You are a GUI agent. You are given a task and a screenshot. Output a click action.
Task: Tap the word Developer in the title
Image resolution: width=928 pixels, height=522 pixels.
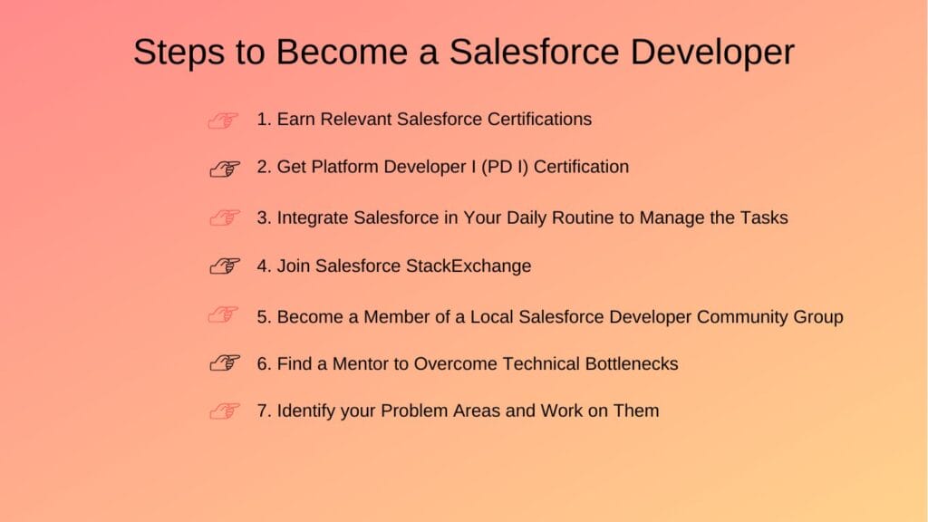coord(712,53)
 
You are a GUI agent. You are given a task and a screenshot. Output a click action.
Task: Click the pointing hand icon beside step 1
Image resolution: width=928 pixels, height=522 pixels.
coord(224,121)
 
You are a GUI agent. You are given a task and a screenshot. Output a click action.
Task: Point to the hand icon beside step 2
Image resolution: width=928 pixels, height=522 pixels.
coord(224,169)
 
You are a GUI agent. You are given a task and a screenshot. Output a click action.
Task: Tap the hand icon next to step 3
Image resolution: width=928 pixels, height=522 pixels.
coord(224,218)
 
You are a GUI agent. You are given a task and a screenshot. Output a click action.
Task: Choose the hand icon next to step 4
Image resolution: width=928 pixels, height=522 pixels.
coord(224,266)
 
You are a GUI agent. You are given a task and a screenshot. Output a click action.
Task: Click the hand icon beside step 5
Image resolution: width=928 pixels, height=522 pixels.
coord(224,315)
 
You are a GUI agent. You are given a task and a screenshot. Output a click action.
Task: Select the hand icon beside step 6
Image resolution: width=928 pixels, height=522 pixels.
coord(224,363)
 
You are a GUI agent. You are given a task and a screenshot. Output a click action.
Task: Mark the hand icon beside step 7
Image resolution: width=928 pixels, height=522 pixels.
coord(224,411)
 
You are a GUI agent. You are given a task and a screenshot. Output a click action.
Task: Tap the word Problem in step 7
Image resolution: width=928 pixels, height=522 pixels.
coord(414,411)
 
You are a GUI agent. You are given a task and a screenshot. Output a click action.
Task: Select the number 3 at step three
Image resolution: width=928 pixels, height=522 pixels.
coord(262,217)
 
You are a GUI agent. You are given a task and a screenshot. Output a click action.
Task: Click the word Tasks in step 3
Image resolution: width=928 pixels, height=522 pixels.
coord(764,217)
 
